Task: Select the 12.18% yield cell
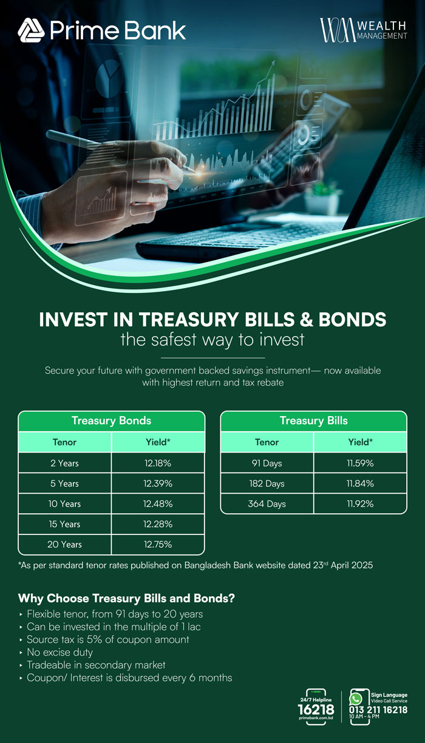click(158, 463)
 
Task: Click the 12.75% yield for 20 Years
click(158, 544)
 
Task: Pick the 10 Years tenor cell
click(64, 503)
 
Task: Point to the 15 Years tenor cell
click(64, 524)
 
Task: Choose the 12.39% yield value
click(158, 483)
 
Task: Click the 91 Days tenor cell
click(267, 463)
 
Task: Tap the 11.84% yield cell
click(360, 483)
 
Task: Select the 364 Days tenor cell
click(267, 503)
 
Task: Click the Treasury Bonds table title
click(111, 420)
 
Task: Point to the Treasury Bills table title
click(313, 420)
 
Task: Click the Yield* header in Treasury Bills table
click(360, 442)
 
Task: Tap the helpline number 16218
click(316, 709)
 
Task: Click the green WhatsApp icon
click(356, 699)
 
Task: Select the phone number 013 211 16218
click(378, 710)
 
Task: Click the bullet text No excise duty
click(59, 652)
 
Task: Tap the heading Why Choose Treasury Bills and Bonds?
click(126, 598)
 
